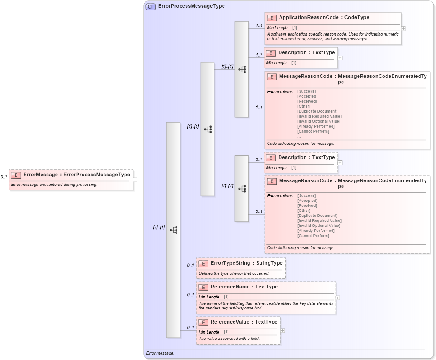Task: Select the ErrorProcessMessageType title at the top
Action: [191, 6]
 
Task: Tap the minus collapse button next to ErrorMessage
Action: [135, 180]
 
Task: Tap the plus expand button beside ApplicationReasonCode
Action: [404, 28]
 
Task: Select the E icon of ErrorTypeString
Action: [203, 263]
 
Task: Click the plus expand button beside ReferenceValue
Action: [283, 331]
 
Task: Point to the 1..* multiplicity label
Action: [259, 55]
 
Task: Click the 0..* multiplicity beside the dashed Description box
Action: [259, 159]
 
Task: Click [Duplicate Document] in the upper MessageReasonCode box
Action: [317, 111]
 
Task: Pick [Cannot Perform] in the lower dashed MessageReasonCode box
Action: [313, 236]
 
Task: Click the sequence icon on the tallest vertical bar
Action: [174, 230]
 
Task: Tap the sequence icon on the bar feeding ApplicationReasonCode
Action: [242, 69]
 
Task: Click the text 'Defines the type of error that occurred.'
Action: [234, 273]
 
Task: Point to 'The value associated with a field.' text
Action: [229, 339]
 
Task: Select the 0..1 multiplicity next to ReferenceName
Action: [191, 295]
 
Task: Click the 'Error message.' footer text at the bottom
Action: [160, 353]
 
